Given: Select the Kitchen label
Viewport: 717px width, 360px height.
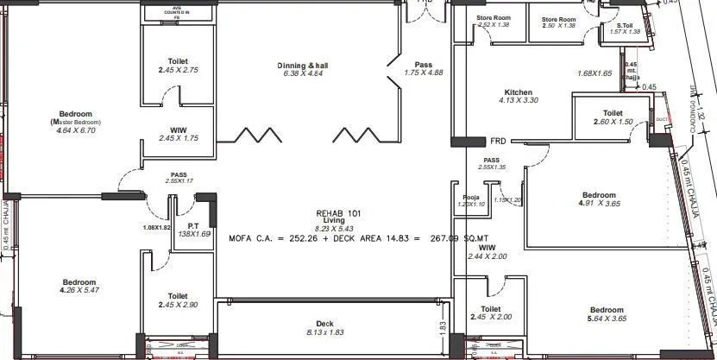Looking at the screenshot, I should tap(518, 92).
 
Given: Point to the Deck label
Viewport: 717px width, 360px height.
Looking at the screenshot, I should tap(324, 324).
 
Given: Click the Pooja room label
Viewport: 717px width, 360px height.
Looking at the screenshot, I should tap(470, 196).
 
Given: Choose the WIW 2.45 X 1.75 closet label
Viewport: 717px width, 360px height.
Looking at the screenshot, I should tap(179, 130).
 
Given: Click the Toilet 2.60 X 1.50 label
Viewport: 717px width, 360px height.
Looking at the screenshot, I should tap(613, 113).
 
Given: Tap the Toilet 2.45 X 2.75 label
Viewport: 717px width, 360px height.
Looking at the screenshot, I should tap(179, 61).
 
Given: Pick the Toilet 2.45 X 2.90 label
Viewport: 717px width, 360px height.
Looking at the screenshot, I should tap(179, 296).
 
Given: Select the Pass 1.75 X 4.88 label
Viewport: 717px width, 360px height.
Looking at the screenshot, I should tap(423, 65).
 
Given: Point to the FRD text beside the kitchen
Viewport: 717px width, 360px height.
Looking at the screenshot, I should tap(498, 141).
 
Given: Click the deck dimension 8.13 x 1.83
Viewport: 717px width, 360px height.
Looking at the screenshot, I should tap(324, 332).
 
